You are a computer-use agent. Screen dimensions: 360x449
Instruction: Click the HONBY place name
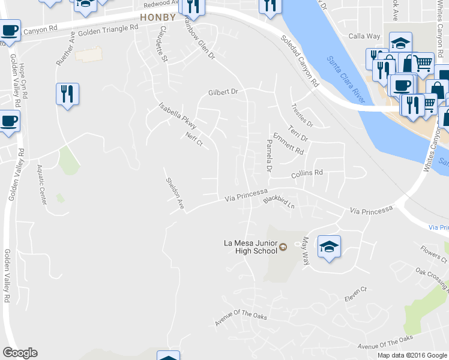157,17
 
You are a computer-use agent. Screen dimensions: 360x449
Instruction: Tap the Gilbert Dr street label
223,92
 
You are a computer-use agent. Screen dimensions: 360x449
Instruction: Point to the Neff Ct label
195,140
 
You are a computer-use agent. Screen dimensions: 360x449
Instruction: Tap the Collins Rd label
307,173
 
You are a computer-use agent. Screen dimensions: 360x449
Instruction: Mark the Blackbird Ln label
280,202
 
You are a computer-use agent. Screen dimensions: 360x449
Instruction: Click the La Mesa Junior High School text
250,247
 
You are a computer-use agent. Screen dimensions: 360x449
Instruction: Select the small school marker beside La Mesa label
283,246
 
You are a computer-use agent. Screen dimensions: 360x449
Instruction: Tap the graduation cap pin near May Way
329,247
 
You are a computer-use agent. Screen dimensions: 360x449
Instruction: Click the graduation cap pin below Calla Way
400,44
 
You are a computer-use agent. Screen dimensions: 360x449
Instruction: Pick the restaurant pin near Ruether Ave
67,94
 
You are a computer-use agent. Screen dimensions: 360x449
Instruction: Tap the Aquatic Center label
42,185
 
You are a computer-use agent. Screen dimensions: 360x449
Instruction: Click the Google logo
20,353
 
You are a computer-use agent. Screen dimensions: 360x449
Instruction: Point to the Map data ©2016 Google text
412,355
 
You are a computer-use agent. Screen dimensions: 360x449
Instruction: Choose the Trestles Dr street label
302,115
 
